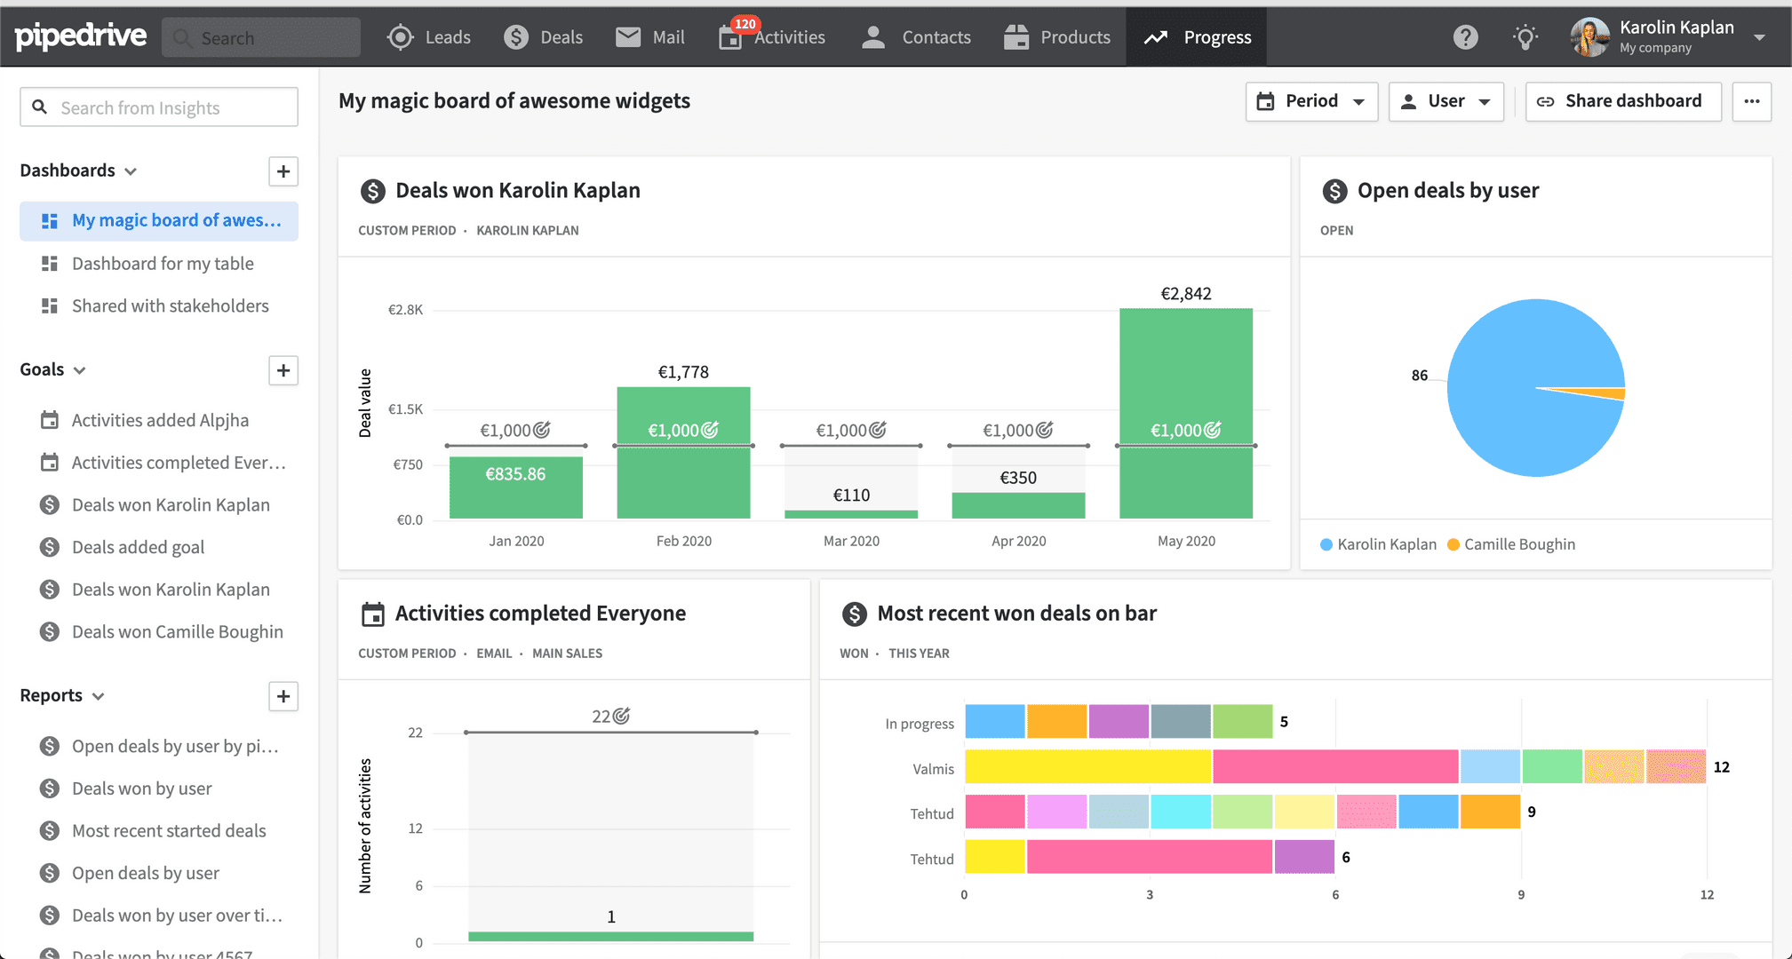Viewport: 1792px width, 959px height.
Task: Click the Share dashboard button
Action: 1623,101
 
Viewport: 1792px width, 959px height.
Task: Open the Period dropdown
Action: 1311,101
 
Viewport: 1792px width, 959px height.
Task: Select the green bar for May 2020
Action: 1186,413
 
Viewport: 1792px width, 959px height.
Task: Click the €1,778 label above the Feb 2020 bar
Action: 683,372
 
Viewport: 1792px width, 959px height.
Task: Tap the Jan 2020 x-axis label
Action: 516,541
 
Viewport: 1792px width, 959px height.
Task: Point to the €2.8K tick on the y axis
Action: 405,310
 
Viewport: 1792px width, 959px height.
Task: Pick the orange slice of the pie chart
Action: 1599,393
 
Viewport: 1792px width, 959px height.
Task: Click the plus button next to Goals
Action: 283,370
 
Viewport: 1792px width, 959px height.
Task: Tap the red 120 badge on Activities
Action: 745,24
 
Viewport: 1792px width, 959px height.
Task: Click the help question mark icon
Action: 1466,37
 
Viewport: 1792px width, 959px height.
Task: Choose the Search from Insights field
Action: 159,107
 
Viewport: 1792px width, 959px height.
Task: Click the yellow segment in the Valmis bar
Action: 1088,766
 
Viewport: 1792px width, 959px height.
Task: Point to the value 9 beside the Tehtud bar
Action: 1532,812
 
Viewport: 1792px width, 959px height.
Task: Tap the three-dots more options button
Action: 1752,101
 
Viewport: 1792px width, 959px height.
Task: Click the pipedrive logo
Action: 81,36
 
